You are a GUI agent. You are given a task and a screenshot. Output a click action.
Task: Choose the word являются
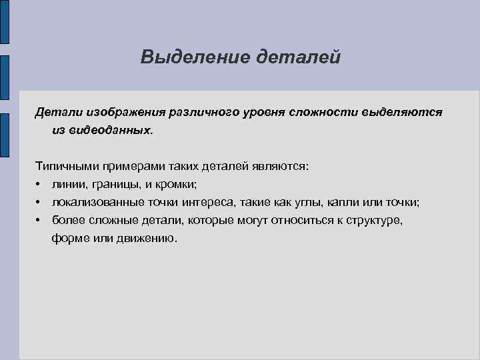tap(281, 165)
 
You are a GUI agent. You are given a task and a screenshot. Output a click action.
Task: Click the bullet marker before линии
tap(40, 183)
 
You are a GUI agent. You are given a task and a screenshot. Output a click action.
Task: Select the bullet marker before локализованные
tap(40, 201)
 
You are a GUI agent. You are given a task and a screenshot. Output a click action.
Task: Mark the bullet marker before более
tap(40, 219)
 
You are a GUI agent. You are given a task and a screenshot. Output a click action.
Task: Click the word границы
tap(110, 183)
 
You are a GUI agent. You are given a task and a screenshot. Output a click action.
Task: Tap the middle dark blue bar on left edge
tap(4, 79)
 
